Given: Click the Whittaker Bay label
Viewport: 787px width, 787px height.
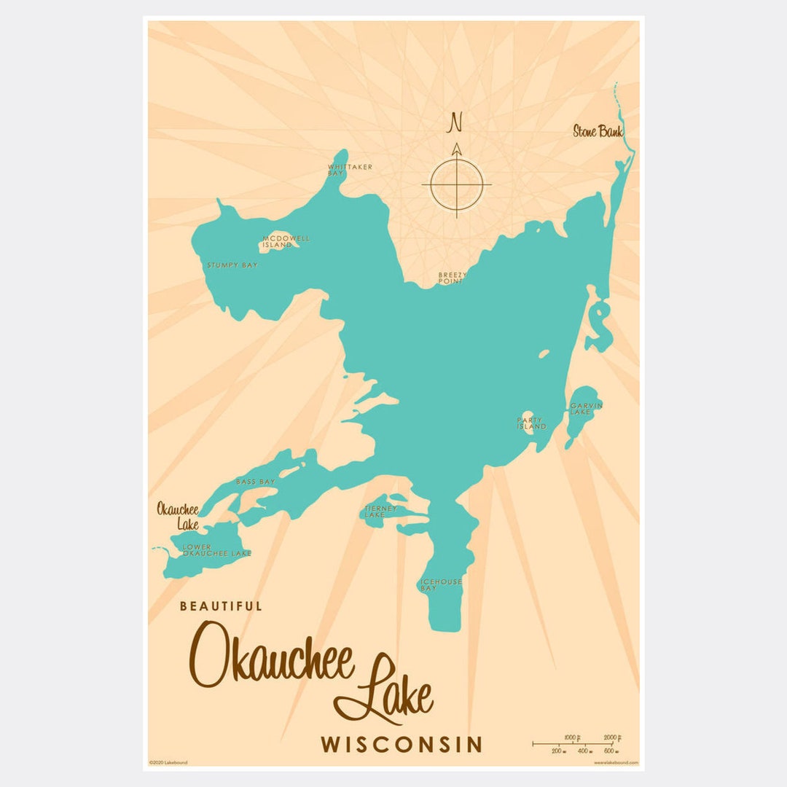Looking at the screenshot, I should [349, 170].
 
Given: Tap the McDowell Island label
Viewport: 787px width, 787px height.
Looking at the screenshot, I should [276, 241].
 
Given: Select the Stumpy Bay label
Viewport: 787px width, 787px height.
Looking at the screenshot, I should [232, 265].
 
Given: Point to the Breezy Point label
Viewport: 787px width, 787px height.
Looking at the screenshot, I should [451, 278].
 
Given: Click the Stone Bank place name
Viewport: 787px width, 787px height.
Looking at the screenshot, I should [598, 132].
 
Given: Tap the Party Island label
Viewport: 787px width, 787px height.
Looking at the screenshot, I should [531, 423].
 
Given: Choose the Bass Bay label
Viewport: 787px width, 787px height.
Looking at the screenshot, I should [255, 482].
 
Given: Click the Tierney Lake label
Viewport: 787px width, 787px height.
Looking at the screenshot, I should [381, 512].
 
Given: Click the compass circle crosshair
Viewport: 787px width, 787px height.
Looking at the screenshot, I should [457, 184].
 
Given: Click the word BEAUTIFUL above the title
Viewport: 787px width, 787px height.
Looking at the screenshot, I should [221, 606].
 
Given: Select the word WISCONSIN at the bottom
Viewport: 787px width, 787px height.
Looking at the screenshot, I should [402, 745].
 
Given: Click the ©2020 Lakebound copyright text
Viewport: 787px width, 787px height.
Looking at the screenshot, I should [168, 762].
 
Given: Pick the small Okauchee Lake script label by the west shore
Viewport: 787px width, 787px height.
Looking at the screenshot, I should [178, 516].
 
